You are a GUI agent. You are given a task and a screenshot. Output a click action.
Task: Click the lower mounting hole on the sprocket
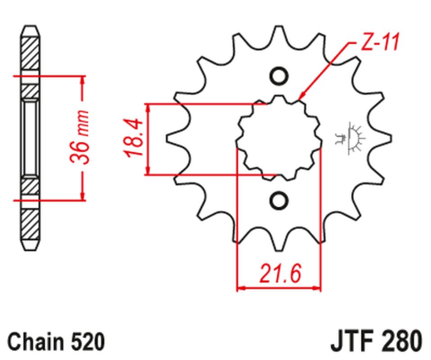278,200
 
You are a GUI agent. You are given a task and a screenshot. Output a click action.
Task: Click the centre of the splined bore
278,139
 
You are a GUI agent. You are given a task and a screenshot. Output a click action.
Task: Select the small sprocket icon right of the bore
348,138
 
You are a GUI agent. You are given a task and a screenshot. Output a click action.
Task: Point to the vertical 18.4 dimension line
148,139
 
